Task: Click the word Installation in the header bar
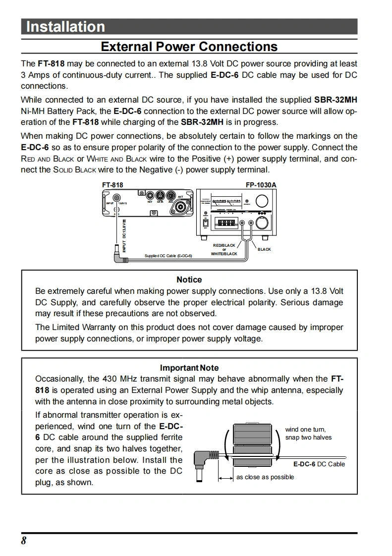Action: [x=65, y=27]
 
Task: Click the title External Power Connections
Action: [x=189, y=47]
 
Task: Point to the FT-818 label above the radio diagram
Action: [x=112, y=185]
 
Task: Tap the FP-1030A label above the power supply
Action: [x=261, y=185]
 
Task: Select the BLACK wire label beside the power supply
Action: [x=264, y=249]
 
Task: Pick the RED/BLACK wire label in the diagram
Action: [x=224, y=245]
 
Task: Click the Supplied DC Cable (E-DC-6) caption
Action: [x=168, y=256]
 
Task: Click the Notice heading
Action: [x=189, y=279]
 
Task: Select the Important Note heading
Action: [x=189, y=368]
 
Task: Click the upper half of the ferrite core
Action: [x=253, y=435]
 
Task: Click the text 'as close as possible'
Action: [x=265, y=477]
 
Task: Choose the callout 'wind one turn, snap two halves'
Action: [x=308, y=434]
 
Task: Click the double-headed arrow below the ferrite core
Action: [x=226, y=478]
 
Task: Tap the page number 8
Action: [x=23, y=541]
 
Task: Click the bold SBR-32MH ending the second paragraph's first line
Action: [x=336, y=100]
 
